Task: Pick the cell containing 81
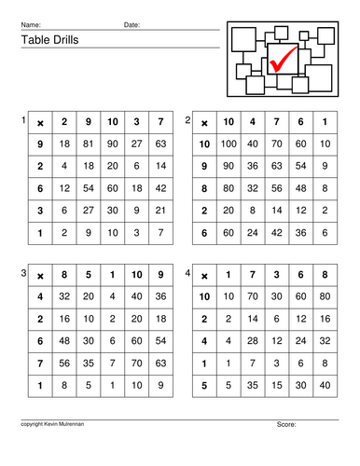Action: click(x=88, y=144)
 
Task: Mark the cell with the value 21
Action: click(x=160, y=209)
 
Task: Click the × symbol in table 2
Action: click(x=205, y=123)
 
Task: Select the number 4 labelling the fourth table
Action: click(x=188, y=272)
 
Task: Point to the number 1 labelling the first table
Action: click(x=23, y=121)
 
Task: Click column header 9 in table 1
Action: click(x=88, y=123)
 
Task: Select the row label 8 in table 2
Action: click(x=205, y=187)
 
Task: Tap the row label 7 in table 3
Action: click(x=39, y=363)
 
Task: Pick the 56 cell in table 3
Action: click(x=63, y=363)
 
